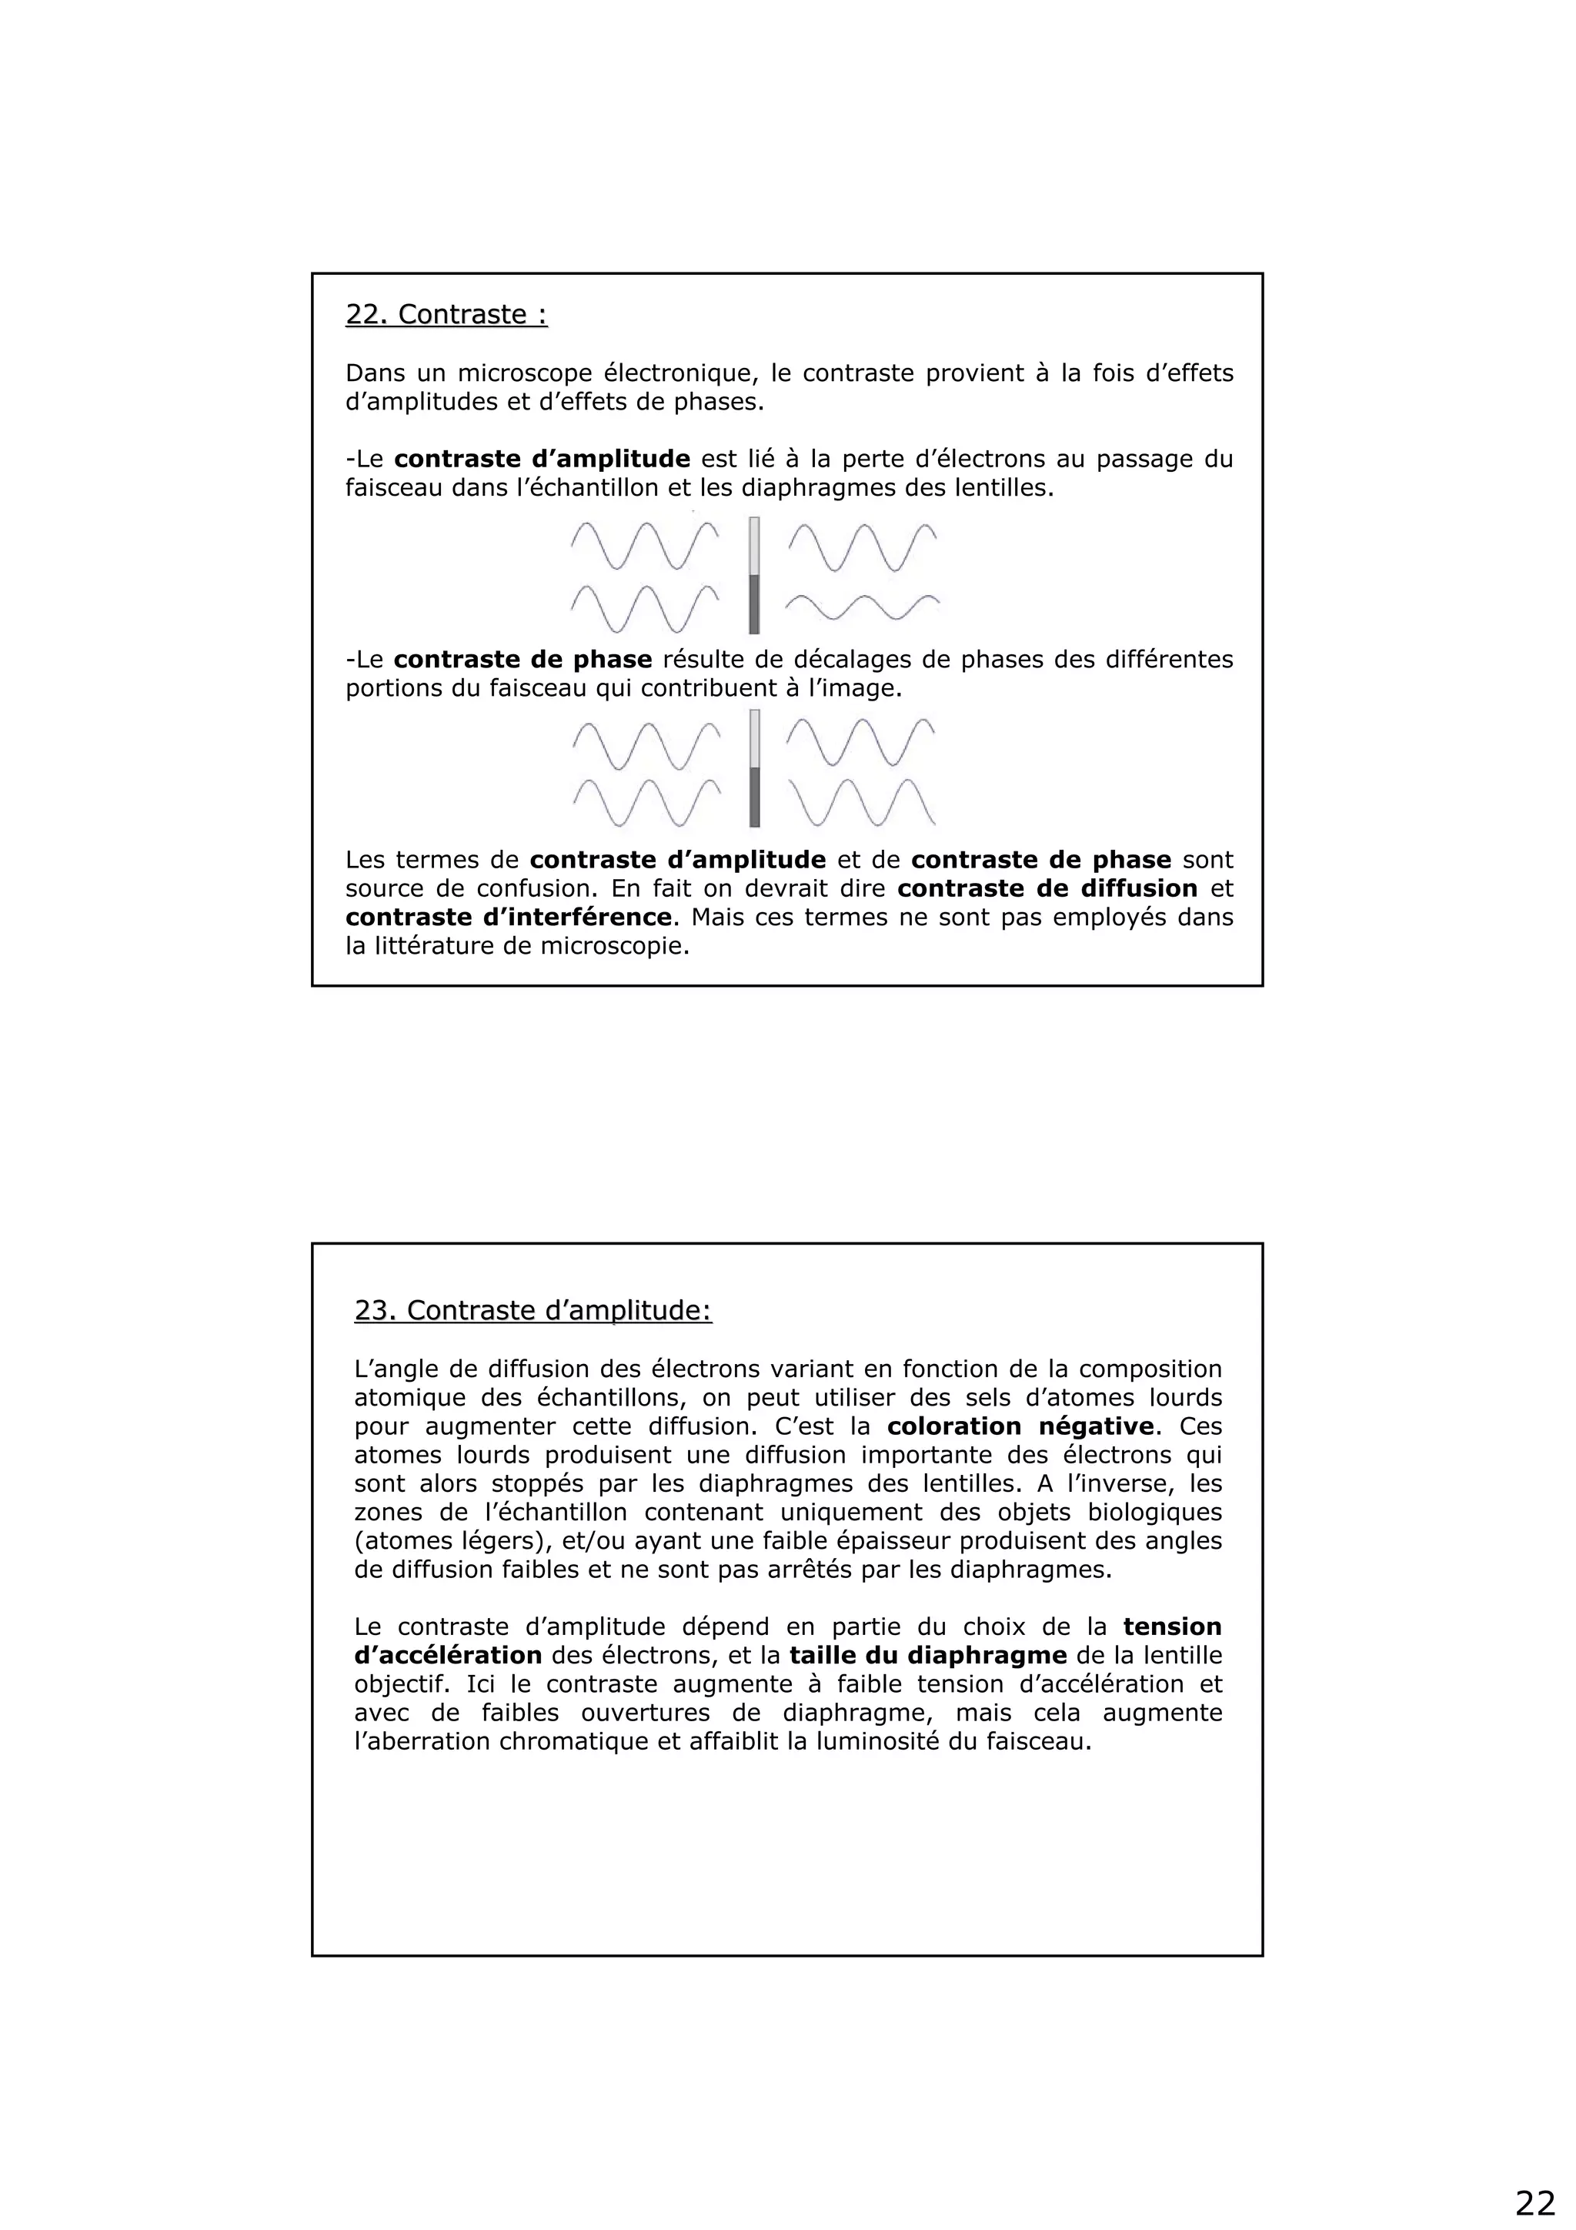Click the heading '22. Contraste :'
click(x=446, y=315)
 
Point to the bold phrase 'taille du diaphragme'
click(x=928, y=1656)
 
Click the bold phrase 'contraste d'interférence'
click(x=508, y=917)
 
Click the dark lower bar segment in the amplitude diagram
click(x=754, y=604)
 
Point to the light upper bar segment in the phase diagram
click(x=754, y=738)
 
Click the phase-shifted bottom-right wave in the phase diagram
click(x=863, y=802)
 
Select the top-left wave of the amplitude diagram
click(x=645, y=546)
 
